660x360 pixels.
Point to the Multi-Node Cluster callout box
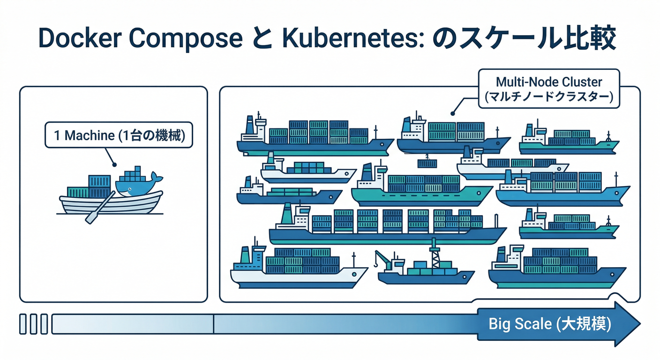(x=549, y=90)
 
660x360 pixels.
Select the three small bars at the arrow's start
(x=34, y=324)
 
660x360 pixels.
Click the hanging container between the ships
(x=427, y=163)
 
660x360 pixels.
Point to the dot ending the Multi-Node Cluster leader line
(x=452, y=113)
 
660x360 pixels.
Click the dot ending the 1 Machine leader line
(x=114, y=165)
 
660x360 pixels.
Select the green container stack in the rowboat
(x=77, y=192)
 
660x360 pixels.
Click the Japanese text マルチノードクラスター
(x=549, y=98)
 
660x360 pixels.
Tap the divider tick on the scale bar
(x=213, y=324)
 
